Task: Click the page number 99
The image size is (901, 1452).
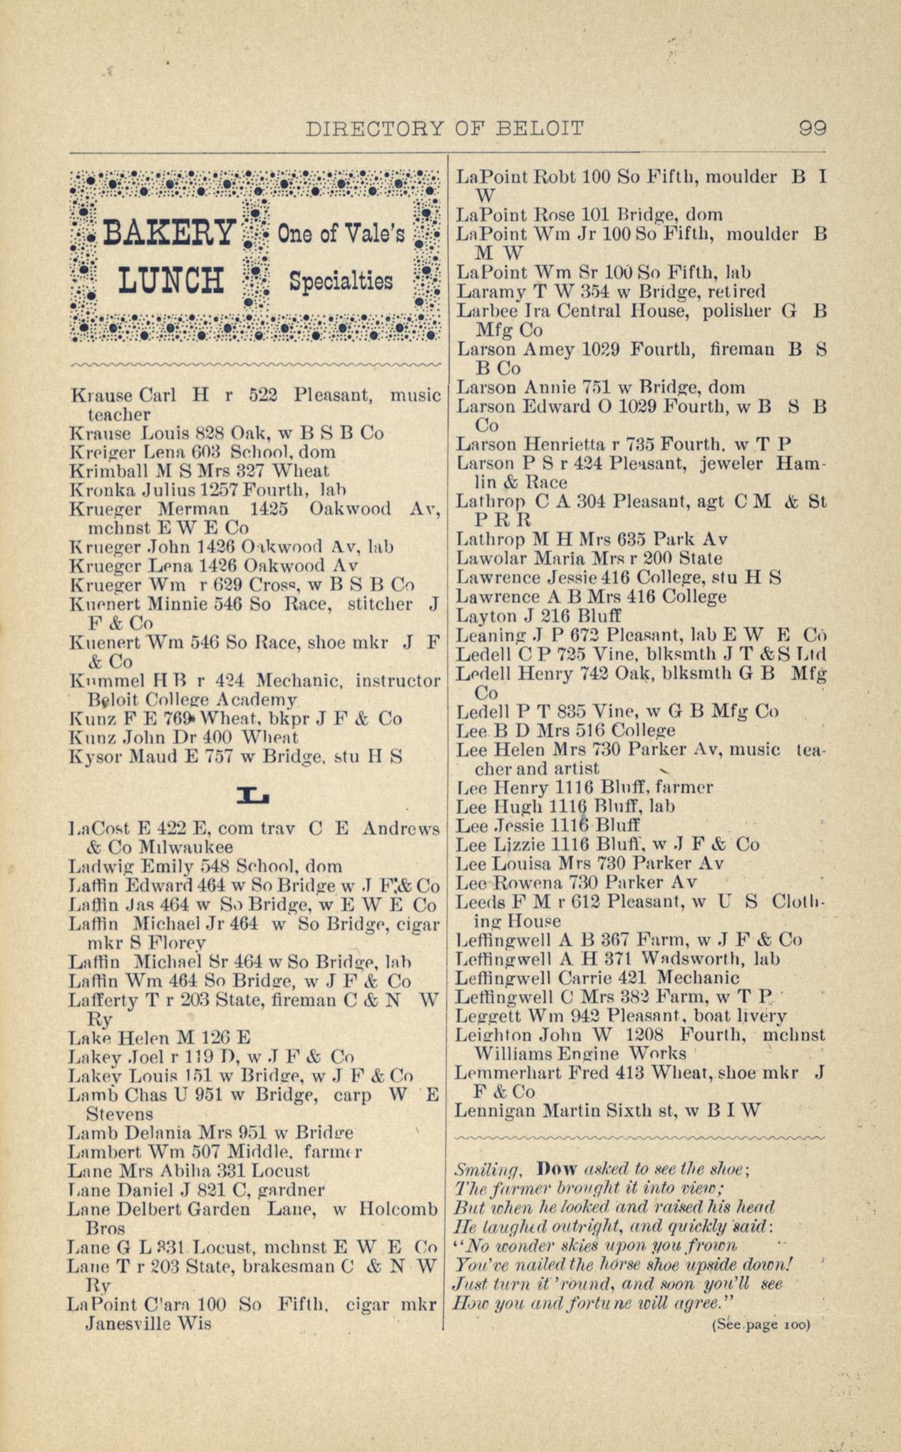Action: click(812, 128)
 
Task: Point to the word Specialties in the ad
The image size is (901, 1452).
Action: click(341, 280)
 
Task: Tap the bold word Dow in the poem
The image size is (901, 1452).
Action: click(554, 1170)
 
